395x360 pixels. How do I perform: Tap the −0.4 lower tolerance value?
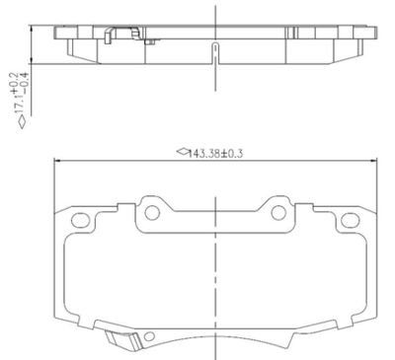pyautogui.click(x=23, y=82)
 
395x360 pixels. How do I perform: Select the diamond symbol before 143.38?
pyautogui.click(x=181, y=154)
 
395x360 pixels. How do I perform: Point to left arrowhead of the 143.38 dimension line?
pyautogui.click(x=56, y=162)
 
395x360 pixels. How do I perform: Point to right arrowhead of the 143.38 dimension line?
pyautogui.click(x=376, y=162)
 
